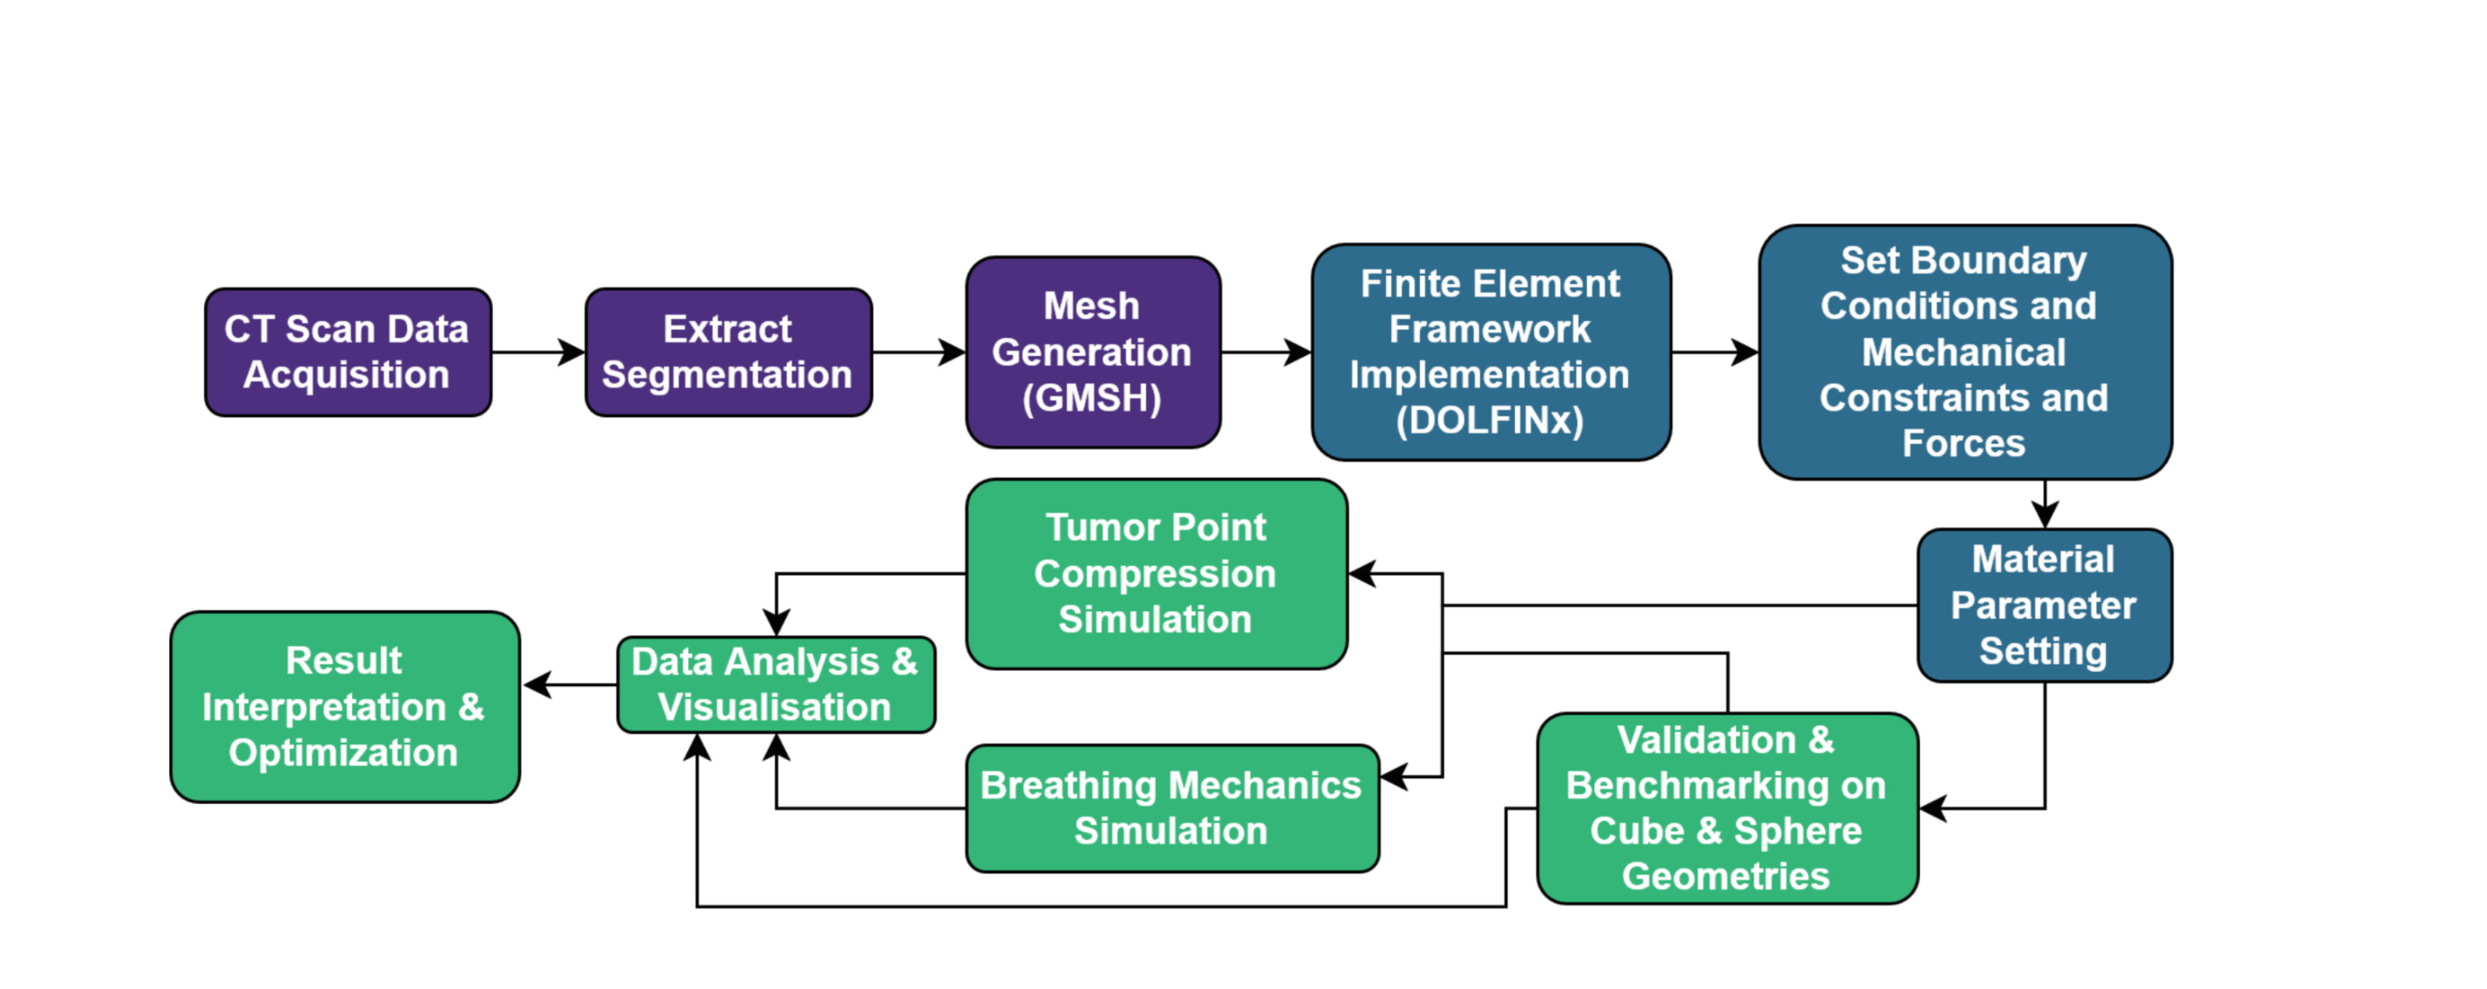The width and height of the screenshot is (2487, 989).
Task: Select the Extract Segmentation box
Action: point(728,353)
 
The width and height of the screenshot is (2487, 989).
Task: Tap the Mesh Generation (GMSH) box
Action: point(1093,353)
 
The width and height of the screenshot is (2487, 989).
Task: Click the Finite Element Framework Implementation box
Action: point(1490,353)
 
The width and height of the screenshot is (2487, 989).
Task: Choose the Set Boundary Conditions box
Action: point(1964,353)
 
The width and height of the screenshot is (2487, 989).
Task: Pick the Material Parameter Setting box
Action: point(2044,606)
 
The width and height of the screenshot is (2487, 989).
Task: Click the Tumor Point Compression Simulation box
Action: point(1156,574)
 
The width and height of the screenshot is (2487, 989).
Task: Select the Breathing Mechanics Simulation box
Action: point(1171,808)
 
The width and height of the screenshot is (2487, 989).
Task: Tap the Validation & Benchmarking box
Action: point(1726,808)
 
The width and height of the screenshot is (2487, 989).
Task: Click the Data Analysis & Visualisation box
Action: point(776,684)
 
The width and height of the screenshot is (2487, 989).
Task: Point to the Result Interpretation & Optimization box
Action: point(345,707)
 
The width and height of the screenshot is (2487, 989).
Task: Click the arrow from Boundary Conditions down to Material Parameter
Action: point(2045,504)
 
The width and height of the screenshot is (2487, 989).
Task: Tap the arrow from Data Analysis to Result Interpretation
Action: point(570,684)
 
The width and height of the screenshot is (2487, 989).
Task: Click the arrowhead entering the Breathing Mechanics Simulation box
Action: point(1394,776)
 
